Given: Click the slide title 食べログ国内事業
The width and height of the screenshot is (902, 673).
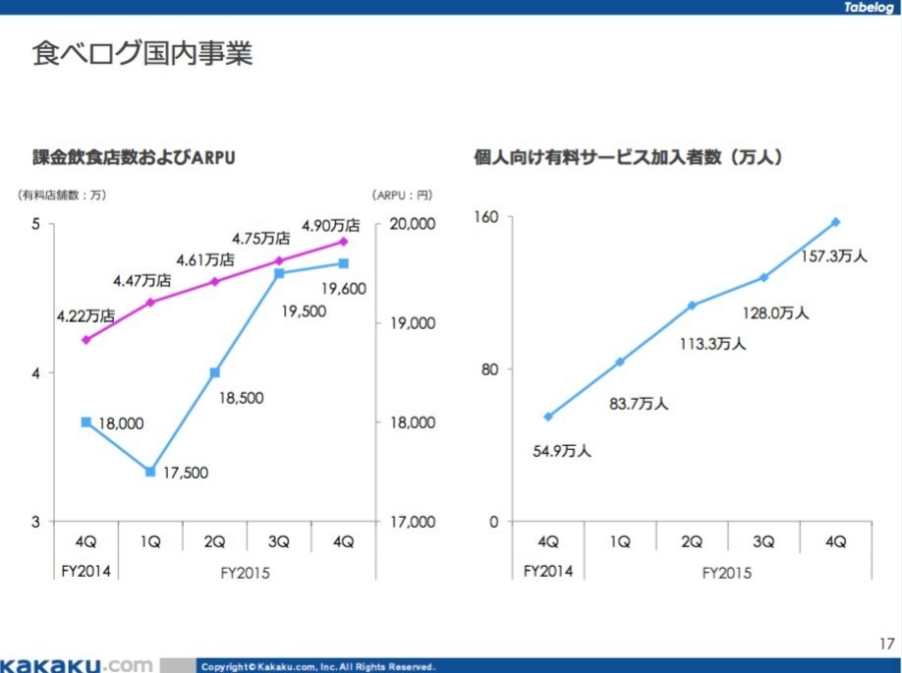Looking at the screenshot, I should pyautogui.click(x=141, y=52).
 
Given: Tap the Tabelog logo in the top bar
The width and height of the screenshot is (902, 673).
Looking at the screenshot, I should pyautogui.click(x=869, y=8).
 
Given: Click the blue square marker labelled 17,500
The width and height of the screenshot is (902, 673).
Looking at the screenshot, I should pyautogui.click(x=150, y=472).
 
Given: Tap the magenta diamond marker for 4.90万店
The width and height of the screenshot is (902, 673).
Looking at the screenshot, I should pyautogui.click(x=344, y=241).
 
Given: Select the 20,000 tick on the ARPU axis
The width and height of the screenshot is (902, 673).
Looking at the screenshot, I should pyautogui.click(x=407, y=224).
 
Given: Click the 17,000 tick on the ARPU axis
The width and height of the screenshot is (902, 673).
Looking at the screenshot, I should pyautogui.click(x=407, y=522).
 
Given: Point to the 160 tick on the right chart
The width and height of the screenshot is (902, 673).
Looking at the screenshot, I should pyautogui.click(x=488, y=216).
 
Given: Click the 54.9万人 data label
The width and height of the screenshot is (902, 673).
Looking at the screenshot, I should pyautogui.click(x=563, y=451).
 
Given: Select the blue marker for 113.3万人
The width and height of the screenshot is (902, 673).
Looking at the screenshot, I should pyautogui.click(x=692, y=306).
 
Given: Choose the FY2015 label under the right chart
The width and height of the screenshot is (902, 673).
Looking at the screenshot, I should pyautogui.click(x=727, y=572).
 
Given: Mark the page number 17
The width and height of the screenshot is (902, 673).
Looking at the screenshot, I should pyautogui.click(x=886, y=645).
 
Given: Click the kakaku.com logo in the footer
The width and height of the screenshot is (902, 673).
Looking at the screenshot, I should pyautogui.click(x=77, y=665).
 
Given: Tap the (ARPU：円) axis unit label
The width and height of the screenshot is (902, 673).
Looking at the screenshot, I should pyautogui.click(x=402, y=195).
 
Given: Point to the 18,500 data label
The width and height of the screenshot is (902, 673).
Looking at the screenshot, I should pyautogui.click(x=241, y=399).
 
